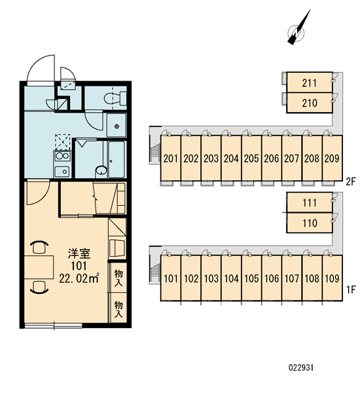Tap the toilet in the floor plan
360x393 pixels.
coord(115,98)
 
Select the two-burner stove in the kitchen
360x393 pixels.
coord(62,156)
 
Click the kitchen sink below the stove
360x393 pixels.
coord(62,171)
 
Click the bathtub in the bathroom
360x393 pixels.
coord(117,160)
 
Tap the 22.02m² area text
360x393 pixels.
coord(79,278)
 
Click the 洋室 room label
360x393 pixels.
coord(79,253)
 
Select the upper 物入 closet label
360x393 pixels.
coord(118,278)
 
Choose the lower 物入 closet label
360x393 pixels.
coord(118,309)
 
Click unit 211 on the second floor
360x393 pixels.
coord(310,83)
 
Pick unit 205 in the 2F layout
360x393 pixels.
coord(251,158)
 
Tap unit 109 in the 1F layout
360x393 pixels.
coord(333,278)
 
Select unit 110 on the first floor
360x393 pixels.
coord(310,223)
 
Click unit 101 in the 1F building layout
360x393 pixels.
coord(171,278)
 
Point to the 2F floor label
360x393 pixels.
coord(351,181)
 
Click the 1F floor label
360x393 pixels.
coord(351,290)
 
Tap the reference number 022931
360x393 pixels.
coord(301,367)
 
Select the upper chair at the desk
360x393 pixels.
coord(39,247)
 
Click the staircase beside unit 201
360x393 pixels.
coord(155,153)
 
